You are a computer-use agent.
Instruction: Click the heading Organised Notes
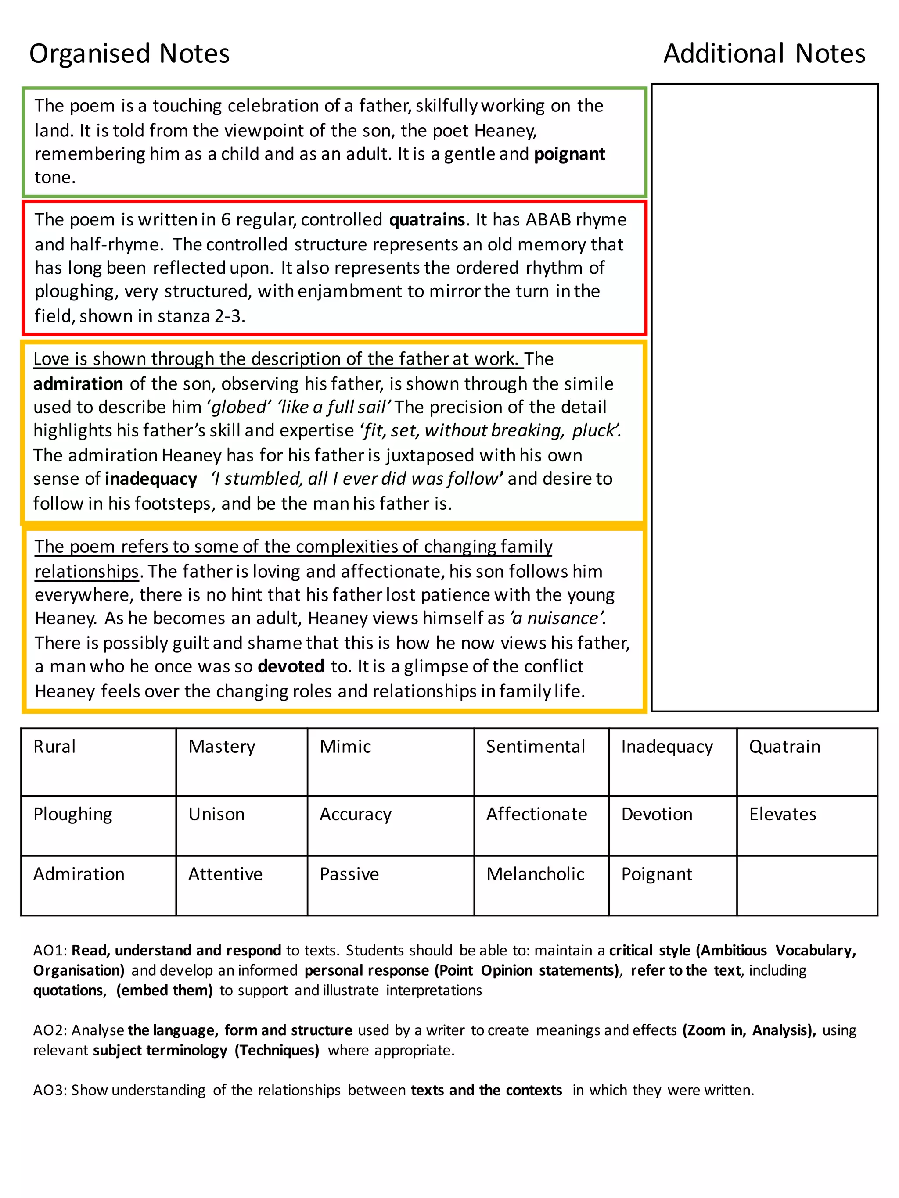pos(129,54)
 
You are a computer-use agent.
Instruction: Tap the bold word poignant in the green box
pos(569,154)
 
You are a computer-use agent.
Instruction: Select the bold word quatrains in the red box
pos(427,220)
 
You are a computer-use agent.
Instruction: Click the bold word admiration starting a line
pos(78,384)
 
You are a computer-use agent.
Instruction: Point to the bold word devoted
pos(291,666)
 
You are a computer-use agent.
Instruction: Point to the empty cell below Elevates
pos(806,885)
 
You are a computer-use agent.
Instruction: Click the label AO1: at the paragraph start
pos(50,951)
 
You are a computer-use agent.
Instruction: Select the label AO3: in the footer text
pos(50,1090)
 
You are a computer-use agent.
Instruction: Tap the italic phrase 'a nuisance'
pos(557,619)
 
